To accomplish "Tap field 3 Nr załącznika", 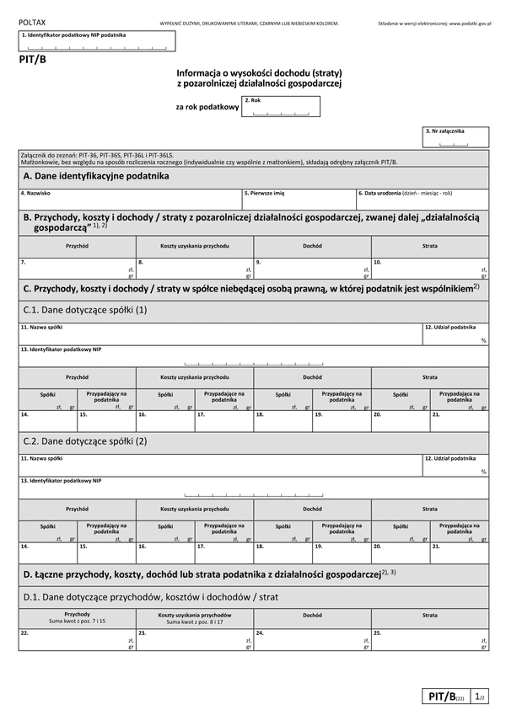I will (x=455, y=138).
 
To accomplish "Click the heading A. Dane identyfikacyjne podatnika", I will (x=97, y=176).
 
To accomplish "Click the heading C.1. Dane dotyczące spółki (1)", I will (x=85, y=310).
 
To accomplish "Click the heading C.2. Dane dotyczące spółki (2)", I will (x=85, y=440).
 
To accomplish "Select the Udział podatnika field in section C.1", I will (x=455, y=334).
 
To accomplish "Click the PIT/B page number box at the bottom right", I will (x=455, y=696).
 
